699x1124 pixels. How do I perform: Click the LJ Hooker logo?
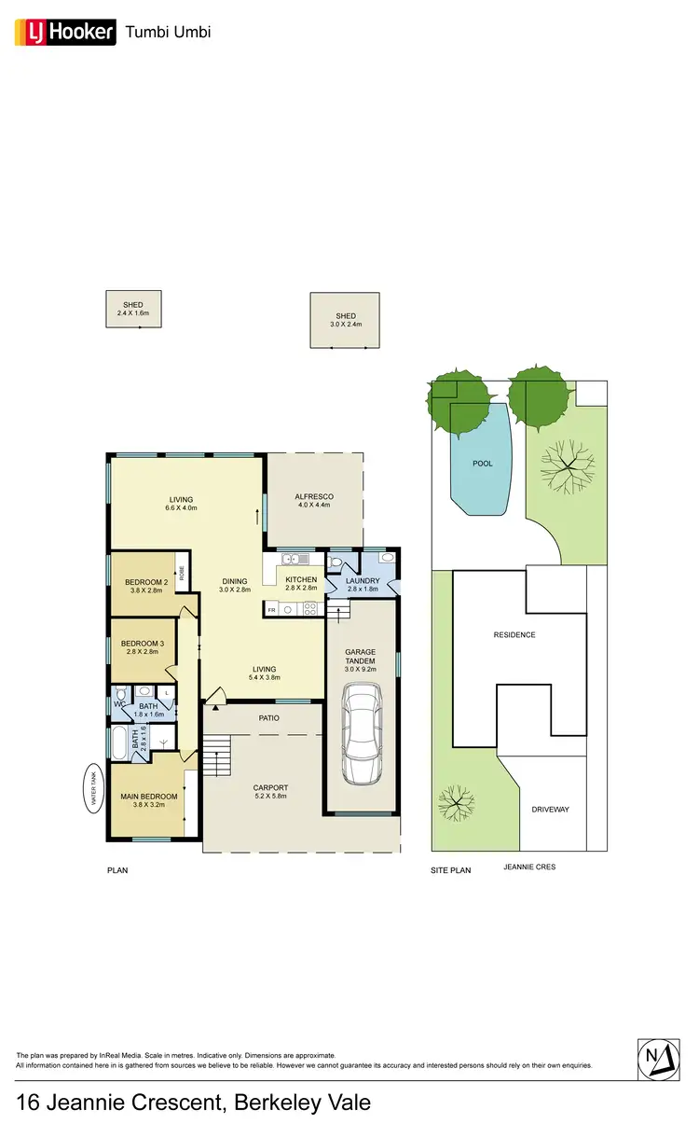point(64,33)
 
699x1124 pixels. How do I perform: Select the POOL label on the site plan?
point(482,464)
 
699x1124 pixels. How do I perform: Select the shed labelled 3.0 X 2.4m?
point(345,320)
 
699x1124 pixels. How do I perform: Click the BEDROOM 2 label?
point(145,583)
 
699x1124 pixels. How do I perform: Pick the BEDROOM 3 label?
point(143,644)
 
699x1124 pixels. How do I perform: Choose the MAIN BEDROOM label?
point(148,797)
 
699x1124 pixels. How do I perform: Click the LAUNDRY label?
point(362,580)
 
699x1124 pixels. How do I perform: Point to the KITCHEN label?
point(301,580)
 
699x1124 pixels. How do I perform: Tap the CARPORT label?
point(270,788)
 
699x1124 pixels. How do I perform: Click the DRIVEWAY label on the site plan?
point(550,810)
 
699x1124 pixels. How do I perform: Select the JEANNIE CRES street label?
point(528,867)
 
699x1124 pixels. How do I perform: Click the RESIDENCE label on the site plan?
point(514,635)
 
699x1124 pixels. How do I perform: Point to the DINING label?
point(235,581)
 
